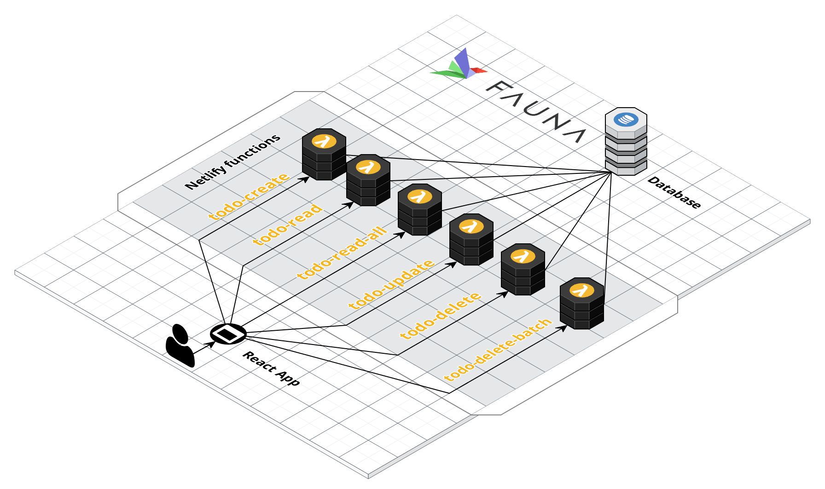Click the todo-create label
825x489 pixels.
click(249, 196)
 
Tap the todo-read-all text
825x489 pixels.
click(342, 253)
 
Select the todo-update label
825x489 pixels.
click(391, 284)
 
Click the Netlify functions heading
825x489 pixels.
click(232, 161)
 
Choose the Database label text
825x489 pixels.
click(674, 192)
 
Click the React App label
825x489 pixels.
click(271, 368)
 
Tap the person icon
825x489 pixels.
click(180, 345)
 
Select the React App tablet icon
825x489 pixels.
click(228, 334)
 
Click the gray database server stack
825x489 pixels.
click(626, 142)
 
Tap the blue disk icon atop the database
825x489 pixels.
click(626, 119)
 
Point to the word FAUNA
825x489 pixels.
click(536, 111)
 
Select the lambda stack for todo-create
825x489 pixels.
click(324, 154)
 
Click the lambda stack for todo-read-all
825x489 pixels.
click(420, 209)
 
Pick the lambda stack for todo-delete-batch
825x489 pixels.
click(582, 304)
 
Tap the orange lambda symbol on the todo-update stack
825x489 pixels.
click(471, 226)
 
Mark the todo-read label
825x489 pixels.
click(288, 224)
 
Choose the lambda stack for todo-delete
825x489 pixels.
click(523, 269)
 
